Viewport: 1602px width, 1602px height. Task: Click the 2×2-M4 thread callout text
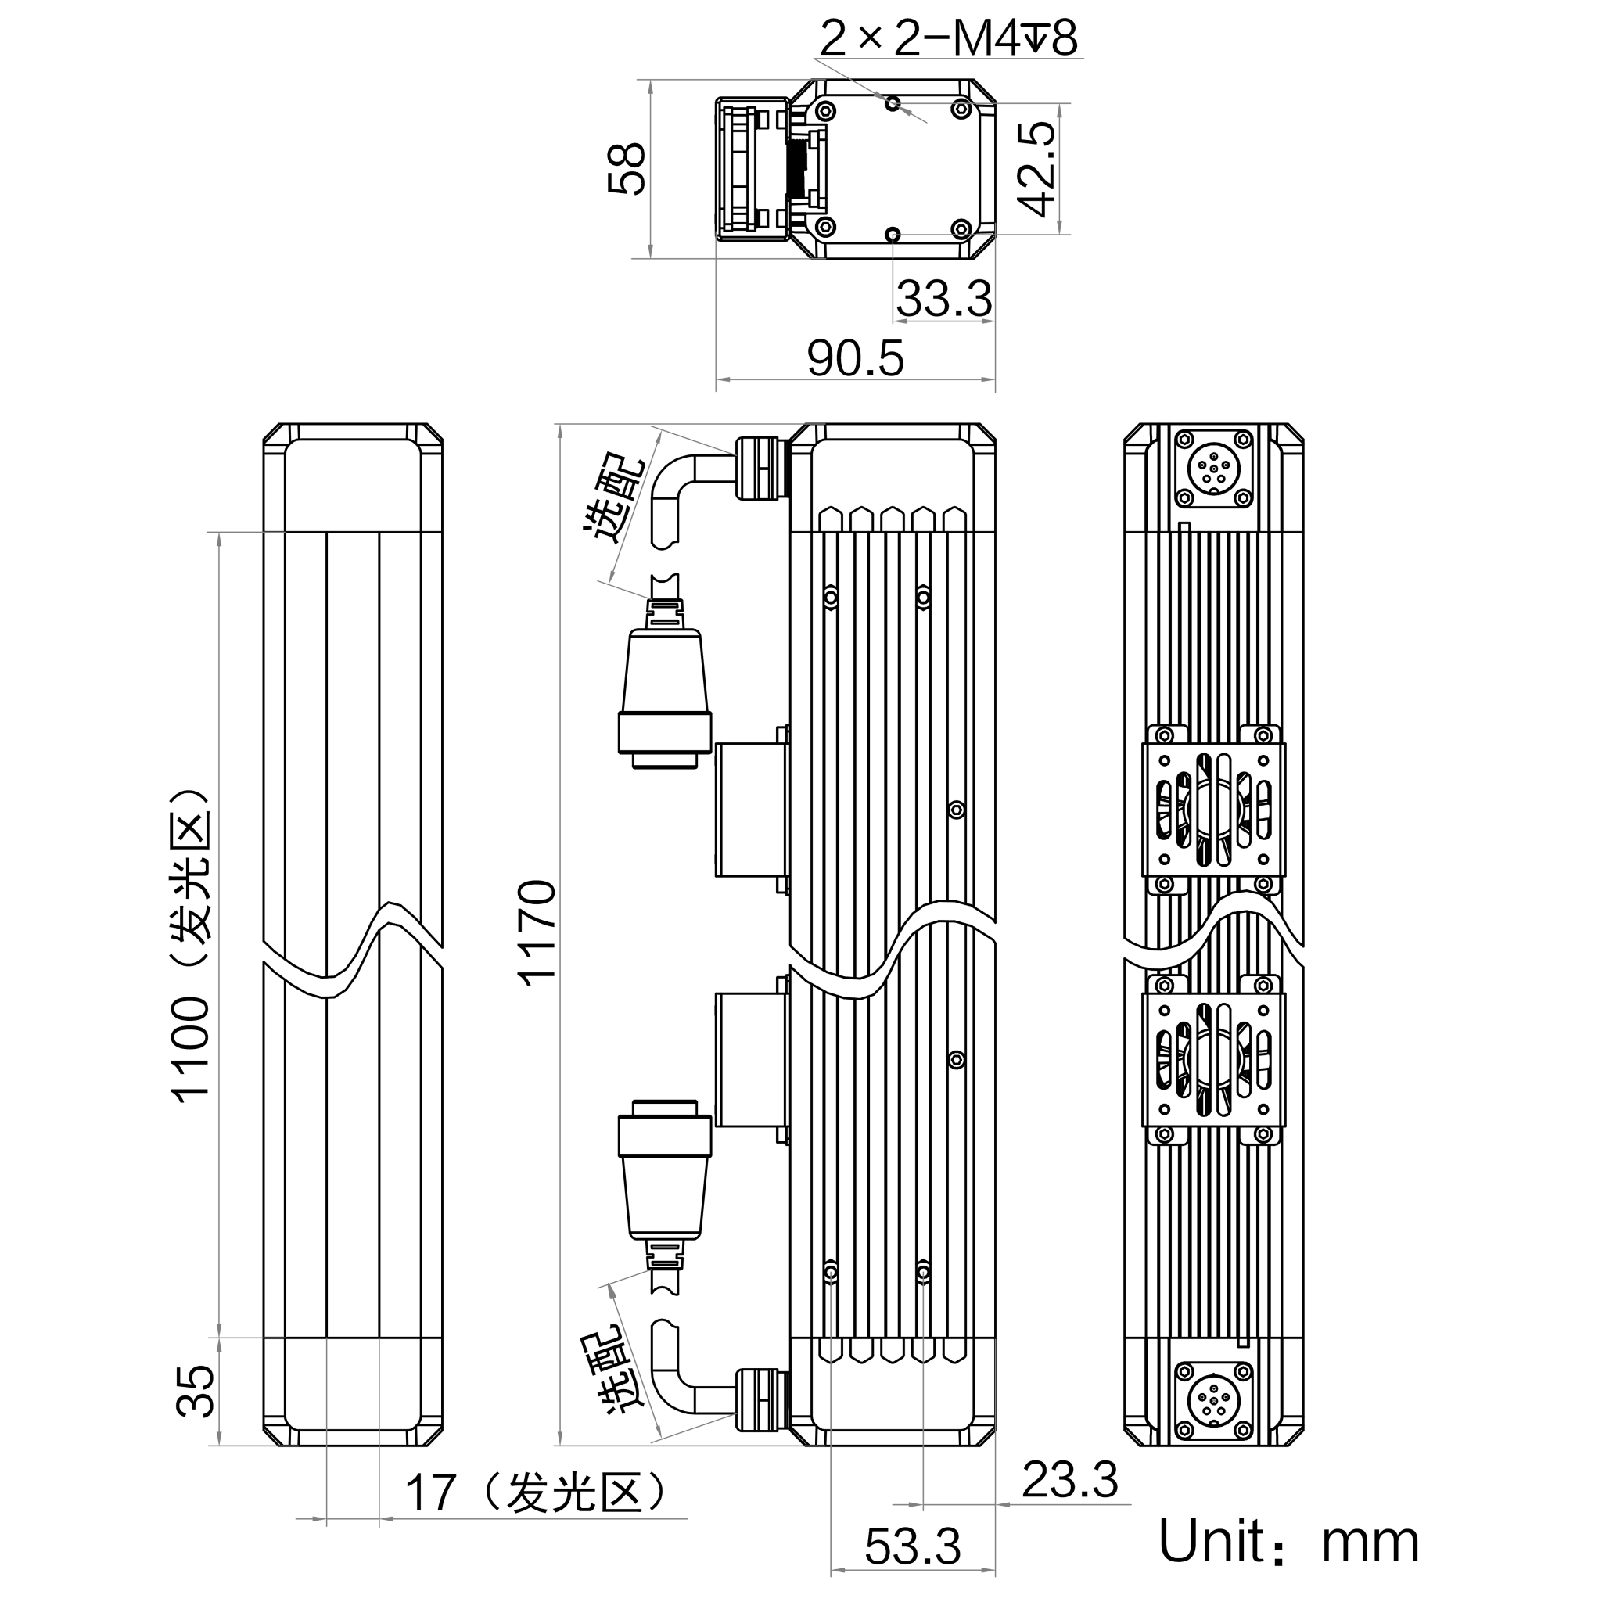[x=949, y=39]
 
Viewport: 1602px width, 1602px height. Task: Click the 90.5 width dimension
[x=856, y=358]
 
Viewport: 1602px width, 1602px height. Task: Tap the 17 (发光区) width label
[x=534, y=1492]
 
